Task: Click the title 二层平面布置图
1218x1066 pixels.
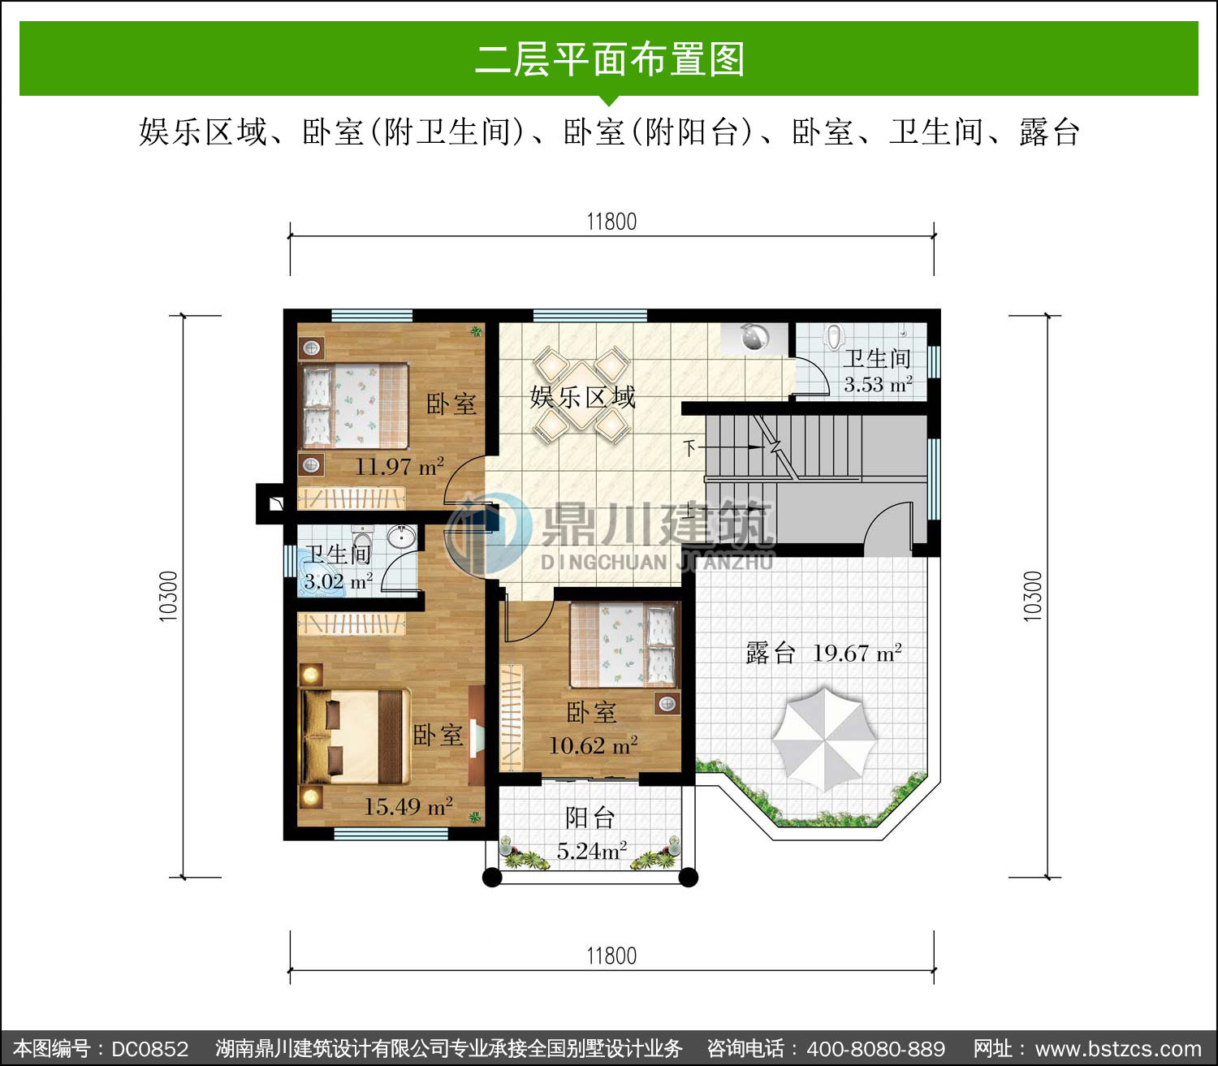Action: click(x=610, y=59)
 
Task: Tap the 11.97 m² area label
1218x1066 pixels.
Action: click(x=400, y=466)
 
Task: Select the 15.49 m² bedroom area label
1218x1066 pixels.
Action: click(x=408, y=806)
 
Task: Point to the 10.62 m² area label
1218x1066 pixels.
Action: click(x=593, y=745)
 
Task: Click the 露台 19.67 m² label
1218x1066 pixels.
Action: click(x=824, y=653)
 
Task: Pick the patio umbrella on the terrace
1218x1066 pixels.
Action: click(x=824, y=739)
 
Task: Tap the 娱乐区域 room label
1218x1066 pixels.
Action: click(x=583, y=397)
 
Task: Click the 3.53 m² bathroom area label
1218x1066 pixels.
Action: click(x=878, y=385)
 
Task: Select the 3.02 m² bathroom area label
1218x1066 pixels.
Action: click(x=338, y=581)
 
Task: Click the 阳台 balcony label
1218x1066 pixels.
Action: click(x=590, y=818)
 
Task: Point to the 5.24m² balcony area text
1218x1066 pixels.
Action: click(x=592, y=851)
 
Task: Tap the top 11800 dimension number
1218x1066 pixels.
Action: click(x=611, y=222)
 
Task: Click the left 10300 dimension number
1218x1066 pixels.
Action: click(x=168, y=596)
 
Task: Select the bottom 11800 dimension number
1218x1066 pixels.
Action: click(x=611, y=956)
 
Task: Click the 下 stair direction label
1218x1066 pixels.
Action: click(x=689, y=447)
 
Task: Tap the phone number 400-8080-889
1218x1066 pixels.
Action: click(x=875, y=1048)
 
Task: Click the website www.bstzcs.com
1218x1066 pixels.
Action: click(x=1119, y=1048)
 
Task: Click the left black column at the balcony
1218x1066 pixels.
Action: click(x=492, y=878)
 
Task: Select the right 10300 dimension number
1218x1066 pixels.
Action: click(x=1033, y=596)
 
